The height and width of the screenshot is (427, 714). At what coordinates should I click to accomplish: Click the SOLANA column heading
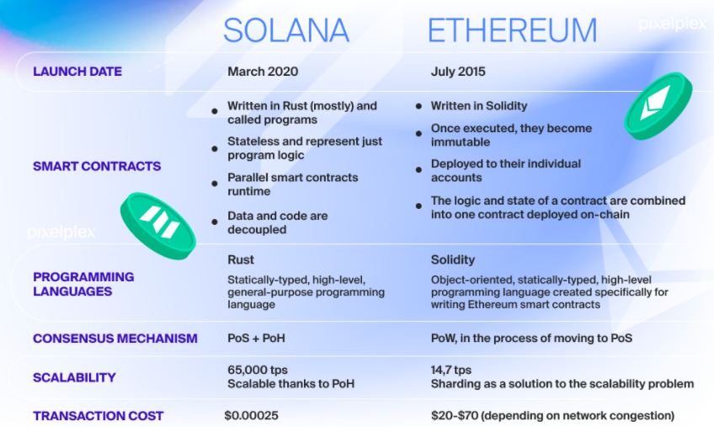tap(286, 30)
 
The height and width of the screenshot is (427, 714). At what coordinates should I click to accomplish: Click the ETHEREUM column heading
tap(512, 30)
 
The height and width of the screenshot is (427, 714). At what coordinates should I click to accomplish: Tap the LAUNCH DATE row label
tap(77, 72)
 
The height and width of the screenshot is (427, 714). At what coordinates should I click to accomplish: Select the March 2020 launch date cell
tap(263, 72)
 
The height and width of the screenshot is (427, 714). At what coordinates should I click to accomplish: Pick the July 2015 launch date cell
tap(458, 72)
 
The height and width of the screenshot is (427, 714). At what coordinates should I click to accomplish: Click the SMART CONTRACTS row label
tap(97, 166)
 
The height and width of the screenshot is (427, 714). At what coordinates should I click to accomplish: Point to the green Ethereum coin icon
tap(658, 106)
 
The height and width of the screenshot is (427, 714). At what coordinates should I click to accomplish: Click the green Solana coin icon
tap(157, 226)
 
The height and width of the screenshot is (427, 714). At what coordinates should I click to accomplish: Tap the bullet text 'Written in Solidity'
tap(479, 106)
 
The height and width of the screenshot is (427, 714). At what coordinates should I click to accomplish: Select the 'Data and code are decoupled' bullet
tap(277, 222)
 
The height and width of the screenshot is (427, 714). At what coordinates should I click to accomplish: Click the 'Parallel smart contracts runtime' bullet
tap(293, 184)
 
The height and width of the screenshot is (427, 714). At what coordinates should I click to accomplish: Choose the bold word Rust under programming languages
tap(241, 259)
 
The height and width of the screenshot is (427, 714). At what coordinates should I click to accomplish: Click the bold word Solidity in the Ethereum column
tap(453, 259)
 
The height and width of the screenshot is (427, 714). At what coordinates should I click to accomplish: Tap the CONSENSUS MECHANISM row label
tap(115, 339)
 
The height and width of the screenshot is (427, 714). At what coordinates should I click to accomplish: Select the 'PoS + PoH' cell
tap(256, 338)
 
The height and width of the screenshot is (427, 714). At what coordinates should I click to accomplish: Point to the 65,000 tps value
tap(258, 370)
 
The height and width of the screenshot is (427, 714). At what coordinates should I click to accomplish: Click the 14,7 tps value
tap(451, 370)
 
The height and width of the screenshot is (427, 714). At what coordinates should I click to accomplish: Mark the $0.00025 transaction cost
tap(252, 415)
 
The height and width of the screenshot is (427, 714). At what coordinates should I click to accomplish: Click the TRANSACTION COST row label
tap(98, 416)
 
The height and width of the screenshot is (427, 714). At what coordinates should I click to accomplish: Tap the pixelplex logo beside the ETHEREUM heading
tap(673, 24)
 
